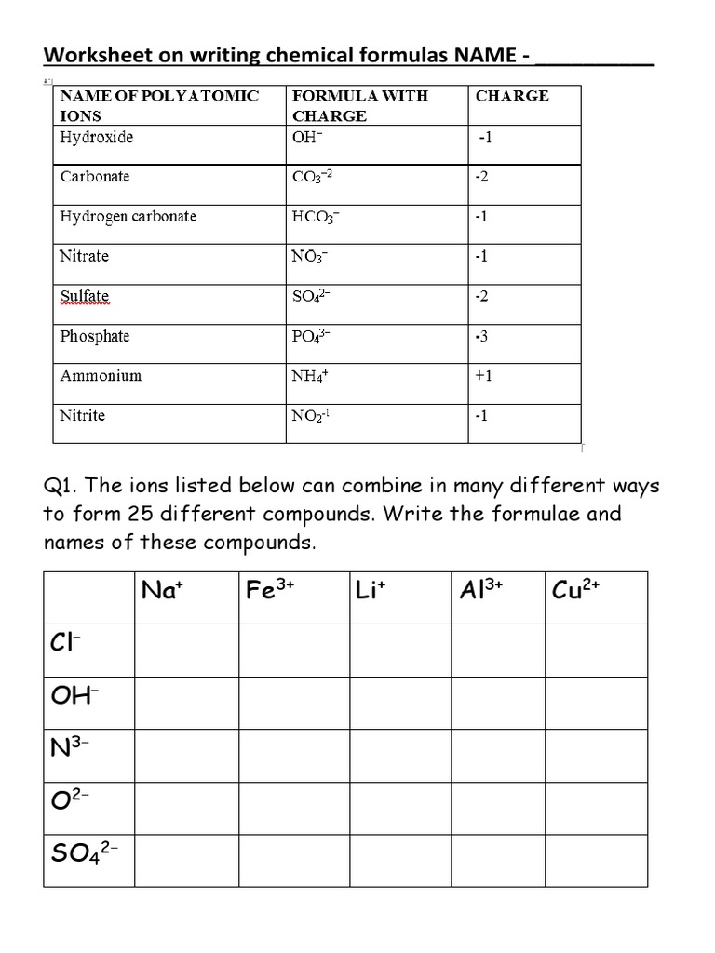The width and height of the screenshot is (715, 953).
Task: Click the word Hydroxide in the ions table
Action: [97, 138]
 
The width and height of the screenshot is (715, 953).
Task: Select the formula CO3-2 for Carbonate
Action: [311, 178]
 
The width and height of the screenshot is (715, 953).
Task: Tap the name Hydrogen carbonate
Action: [128, 217]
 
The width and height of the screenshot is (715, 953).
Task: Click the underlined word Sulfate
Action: [85, 297]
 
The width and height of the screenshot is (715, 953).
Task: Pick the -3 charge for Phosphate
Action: [481, 337]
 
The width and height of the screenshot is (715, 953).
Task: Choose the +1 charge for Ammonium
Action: [483, 377]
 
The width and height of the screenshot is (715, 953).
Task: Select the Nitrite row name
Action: [83, 416]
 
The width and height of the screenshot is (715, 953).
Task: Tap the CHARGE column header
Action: [512, 96]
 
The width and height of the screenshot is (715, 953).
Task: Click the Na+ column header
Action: [161, 591]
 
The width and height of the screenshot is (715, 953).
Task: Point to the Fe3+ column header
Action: [271, 591]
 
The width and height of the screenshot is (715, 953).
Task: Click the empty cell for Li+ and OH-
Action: [400, 703]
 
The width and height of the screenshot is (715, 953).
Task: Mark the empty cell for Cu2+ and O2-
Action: [596, 808]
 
